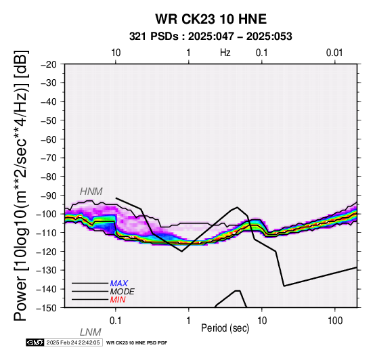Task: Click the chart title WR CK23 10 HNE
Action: [211, 19]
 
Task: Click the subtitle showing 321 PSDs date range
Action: [211, 37]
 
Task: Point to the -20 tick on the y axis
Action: [49, 64]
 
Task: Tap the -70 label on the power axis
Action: [49, 158]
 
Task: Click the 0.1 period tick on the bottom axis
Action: [116, 321]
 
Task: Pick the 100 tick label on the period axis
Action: [335, 321]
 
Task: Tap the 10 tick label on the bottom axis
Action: [262, 321]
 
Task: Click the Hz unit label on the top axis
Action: [225, 53]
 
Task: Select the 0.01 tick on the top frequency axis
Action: [334, 53]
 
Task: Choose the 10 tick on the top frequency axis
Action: [116, 53]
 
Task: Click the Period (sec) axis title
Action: [225, 328]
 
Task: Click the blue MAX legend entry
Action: [118, 284]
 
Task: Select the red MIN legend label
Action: [118, 300]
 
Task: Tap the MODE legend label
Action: [122, 292]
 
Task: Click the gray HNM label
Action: [91, 192]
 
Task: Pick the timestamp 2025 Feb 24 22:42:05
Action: [73, 342]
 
